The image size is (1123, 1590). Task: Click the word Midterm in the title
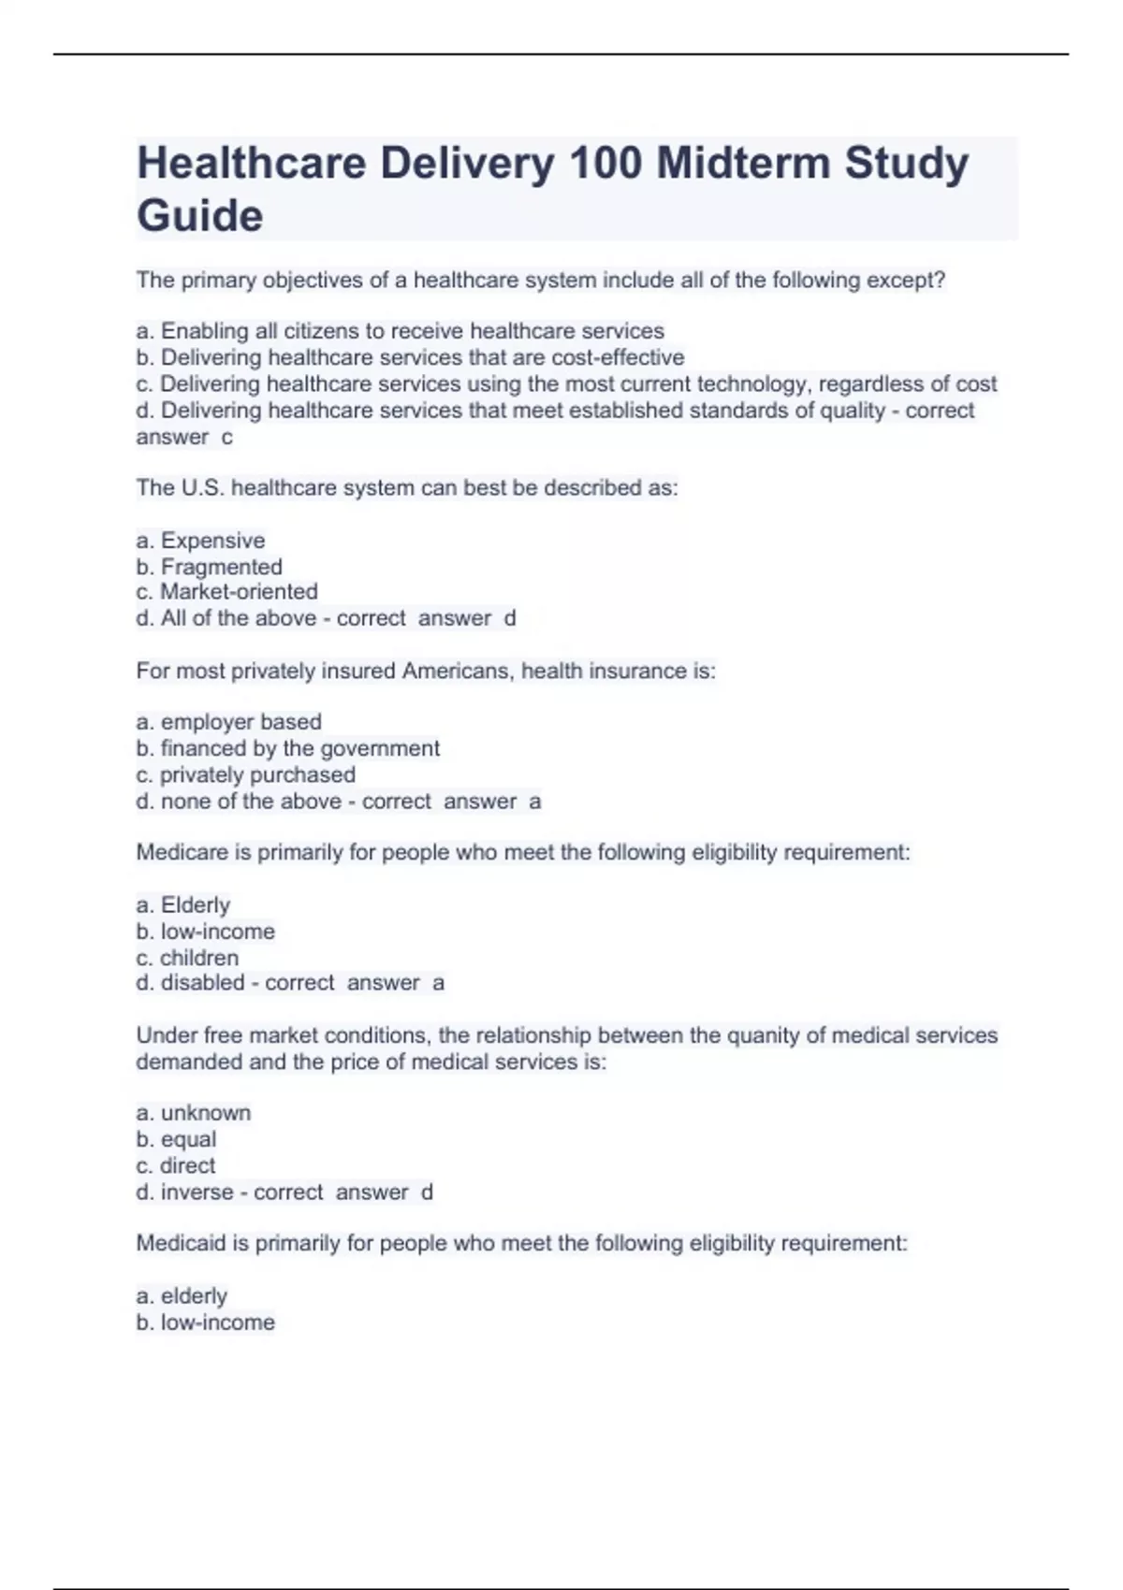pos(743,163)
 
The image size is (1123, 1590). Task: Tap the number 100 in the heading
pos(605,163)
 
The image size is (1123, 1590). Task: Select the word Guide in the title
pos(200,216)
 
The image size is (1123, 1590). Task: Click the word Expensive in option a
pos(212,541)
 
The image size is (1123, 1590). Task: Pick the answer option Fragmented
pos(221,567)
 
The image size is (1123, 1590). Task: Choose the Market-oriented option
pos(239,592)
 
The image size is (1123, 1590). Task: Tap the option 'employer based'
pos(241,722)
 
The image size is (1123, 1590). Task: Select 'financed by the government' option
pos(299,748)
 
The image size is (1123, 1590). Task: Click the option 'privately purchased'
pos(257,774)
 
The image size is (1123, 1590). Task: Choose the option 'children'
pos(199,958)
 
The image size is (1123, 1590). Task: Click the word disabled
pos(202,983)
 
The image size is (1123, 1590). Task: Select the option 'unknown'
pos(206,1113)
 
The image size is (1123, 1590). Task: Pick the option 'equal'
pos(188,1139)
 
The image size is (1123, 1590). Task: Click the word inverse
pos(197,1192)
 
